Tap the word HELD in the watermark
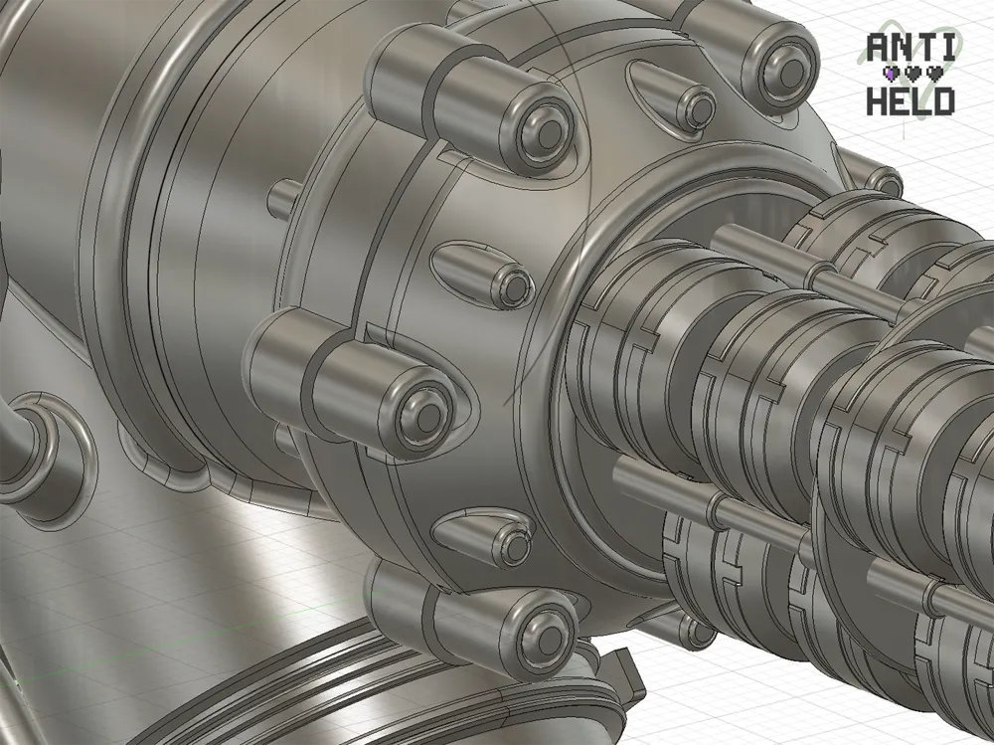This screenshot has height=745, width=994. click(911, 101)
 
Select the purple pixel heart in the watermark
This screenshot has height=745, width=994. click(892, 74)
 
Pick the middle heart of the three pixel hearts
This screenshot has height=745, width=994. click(913, 74)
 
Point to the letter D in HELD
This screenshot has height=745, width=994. click(944, 101)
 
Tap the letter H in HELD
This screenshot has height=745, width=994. click(878, 101)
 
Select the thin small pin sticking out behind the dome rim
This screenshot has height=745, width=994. click(282, 199)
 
